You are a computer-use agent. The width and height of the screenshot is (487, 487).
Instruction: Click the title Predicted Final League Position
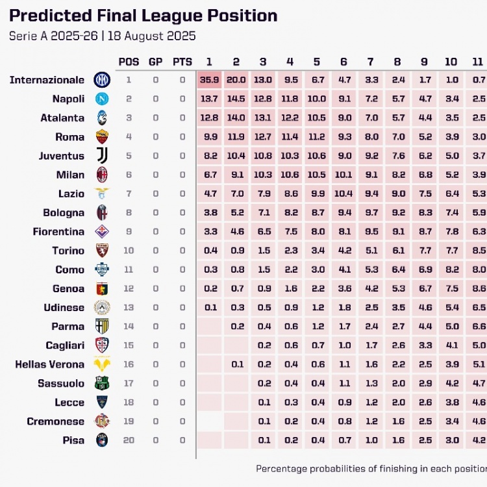(x=144, y=16)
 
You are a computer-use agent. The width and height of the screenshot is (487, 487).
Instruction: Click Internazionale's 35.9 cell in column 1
(x=209, y=80)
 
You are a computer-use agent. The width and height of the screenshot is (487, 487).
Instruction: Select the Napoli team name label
(x=68, y=99)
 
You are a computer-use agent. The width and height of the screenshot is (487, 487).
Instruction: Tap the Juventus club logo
(x=102, y=156)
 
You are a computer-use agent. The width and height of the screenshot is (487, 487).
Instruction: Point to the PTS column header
(x=182, y=62)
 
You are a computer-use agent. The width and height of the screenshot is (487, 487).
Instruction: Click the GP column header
(x=156, y=62)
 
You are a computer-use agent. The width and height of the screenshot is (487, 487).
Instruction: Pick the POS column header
(x=129, y=62)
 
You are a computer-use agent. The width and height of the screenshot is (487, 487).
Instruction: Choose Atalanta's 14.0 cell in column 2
(x=236, y=118)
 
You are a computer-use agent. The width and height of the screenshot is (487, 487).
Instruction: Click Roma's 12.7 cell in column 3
(x=263, y=137)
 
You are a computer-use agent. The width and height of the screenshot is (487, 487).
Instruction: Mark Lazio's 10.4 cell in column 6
(x=343, y=194)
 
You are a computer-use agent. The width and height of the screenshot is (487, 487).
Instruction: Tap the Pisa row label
(x=73, y=440)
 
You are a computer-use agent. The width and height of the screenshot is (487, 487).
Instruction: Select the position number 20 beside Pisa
(x=129, y=440)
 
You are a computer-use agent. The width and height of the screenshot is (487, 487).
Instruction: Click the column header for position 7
(x=370, y=62)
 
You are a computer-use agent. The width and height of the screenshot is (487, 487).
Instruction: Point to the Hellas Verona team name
(x=49, y=364)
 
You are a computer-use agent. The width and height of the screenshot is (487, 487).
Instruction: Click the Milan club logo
(x=102, y=175)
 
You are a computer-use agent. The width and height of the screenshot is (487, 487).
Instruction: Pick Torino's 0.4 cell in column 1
(x=209, y=251)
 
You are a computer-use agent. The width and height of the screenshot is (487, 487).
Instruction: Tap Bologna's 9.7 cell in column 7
(x=370, y=212)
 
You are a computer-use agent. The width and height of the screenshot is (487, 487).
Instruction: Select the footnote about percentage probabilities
(x=370, y=468)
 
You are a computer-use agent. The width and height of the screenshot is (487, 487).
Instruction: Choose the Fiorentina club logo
(x=102, y=232)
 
